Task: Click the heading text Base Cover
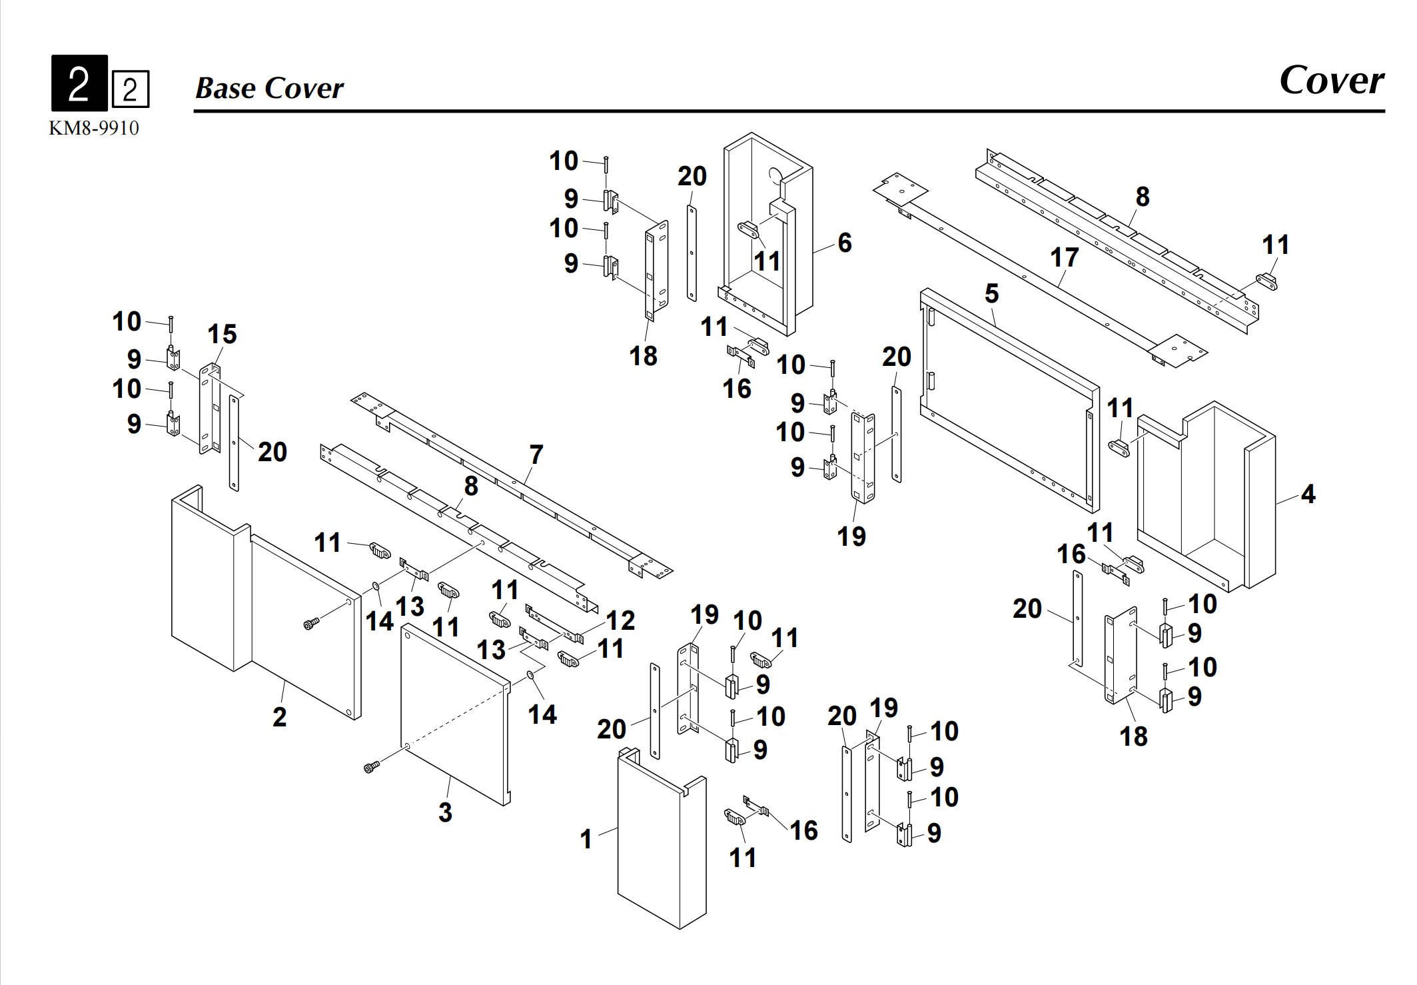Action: coord(269,88)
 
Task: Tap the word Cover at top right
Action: coord(1331,81)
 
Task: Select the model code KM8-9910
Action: coord(94,128)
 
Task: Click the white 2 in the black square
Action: coord(79,83)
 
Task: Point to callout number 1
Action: coord(586,838)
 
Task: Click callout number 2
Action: coord(280,717)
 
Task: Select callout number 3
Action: coord(445,812)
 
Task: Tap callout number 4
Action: coord(1308,494)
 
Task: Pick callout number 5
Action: coord(992,293)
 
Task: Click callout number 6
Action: coord(845,242)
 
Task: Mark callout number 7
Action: coord(536,455)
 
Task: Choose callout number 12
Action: coord(620,620)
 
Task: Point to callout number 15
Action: coord(222,334)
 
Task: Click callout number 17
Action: coord(1064,257)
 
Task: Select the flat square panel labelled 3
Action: coord(456,713)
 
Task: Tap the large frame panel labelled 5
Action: coord(1009,400)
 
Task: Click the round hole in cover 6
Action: coord(775,175)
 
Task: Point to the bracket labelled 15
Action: coord(210,410)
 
